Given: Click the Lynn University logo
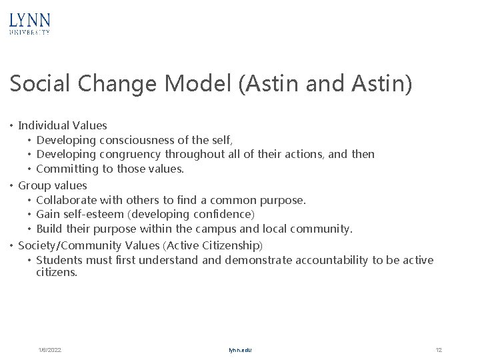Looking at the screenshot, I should coord(30,23).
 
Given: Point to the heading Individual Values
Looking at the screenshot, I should coord(63,125).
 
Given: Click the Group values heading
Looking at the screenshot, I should coord(53,185).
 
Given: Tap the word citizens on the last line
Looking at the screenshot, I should coord(57,272).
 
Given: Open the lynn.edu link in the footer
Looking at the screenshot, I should coord(240,350).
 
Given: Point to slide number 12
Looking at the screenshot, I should coord(438,350).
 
